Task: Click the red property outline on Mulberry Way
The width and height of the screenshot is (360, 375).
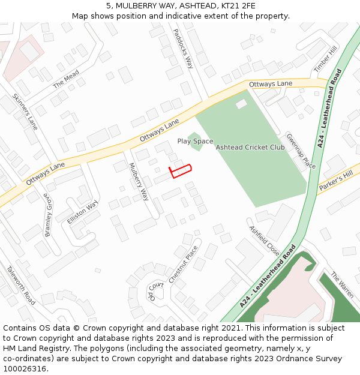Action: tap(181, 170)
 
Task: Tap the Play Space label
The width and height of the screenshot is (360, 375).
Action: tap(195, 142)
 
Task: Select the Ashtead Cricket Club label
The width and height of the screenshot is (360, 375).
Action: tap(250, 148)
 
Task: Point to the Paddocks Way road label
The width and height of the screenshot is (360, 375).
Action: tap(183, 49)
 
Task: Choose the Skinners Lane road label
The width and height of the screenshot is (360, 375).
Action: tap(25, 112)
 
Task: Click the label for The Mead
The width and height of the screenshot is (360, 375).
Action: tap(66, 80)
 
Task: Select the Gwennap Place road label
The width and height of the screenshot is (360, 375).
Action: tap(300, 151)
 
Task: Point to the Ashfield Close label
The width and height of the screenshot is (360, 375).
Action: tap(264, 241)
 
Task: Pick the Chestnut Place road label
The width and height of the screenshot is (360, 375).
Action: tap(183, 265)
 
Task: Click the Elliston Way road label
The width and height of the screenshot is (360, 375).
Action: tap(82, 212)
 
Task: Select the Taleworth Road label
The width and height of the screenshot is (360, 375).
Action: tap(21, 285)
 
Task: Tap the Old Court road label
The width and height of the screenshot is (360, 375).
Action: tap(156, 291)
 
